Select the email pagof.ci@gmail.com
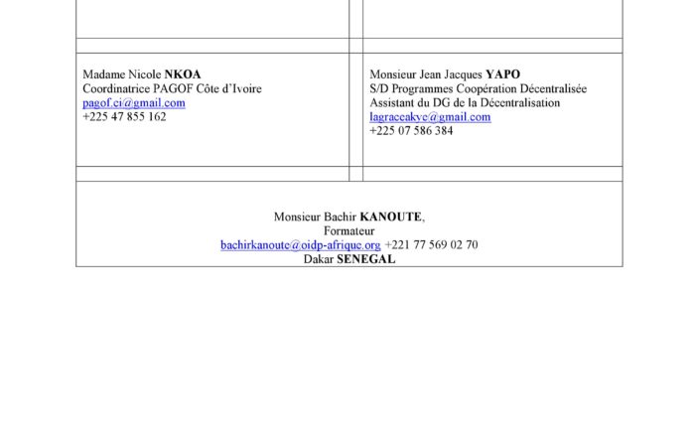pyautogui.click(x=134, y=102)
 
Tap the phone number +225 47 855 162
pyautogui.click(x=124, y=116)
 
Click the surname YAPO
pyautogui.click(x=502, y=74)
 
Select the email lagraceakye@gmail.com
pyautogui.click(x=430, y=116)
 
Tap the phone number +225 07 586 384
pyautogui.click(x=411, y=130)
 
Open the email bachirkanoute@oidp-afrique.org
pyautogui.click(x=301, y=244)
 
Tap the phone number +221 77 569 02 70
pyautogui.click(x=431, y=244)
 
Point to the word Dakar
pyautogui.click(x=318, y=258)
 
